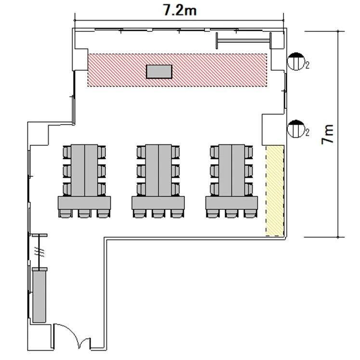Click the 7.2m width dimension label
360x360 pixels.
[180, 10]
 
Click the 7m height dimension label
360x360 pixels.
[327, 135]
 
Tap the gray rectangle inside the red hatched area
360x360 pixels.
[159, 72]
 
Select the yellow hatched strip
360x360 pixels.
[275, 191]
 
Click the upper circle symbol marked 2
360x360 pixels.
[296, 61]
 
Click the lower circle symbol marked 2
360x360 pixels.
[296, 129]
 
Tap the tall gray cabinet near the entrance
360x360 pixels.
[39, 296]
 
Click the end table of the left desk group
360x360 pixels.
[84, 203]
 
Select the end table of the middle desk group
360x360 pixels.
[158, 203]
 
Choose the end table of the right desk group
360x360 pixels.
[231, 203]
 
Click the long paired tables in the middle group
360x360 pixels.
[158, 170]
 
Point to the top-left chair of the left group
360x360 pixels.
[67, 152]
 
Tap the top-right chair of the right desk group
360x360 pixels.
[249, 152]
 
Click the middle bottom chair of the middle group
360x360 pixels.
[158, 213]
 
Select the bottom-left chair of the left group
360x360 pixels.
[65, 213]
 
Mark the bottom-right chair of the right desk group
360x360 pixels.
[250, 213]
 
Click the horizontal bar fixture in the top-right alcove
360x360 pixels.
[244, 41]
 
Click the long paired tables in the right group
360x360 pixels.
[231, 170]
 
